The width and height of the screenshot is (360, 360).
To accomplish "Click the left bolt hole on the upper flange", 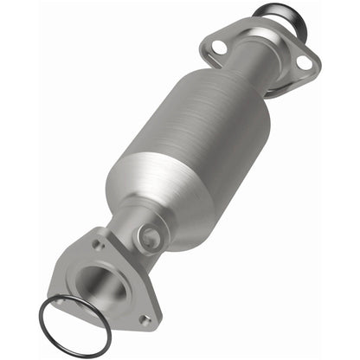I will (x=220, y=46).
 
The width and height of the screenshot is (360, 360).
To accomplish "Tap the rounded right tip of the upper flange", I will (x=314, y=63).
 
